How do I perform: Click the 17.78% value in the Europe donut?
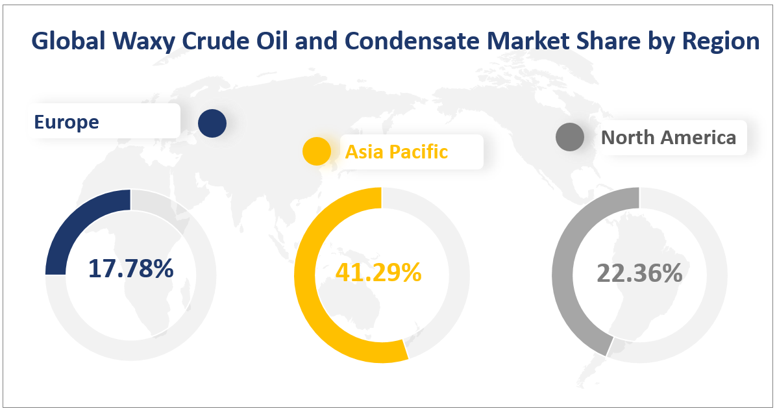(x=130, y=268)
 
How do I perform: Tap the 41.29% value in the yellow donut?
(x=378, y=272)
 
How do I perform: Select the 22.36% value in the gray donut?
(x=639, y=273)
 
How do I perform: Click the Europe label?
(x=67, y=121)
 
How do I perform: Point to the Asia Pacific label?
(x=396, y=151)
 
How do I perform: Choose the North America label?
(x=669, y=137)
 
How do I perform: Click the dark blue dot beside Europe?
(x=212, y=123)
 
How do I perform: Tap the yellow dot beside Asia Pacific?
(x=317, y=152)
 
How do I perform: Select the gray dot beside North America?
(x=571, y=138)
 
